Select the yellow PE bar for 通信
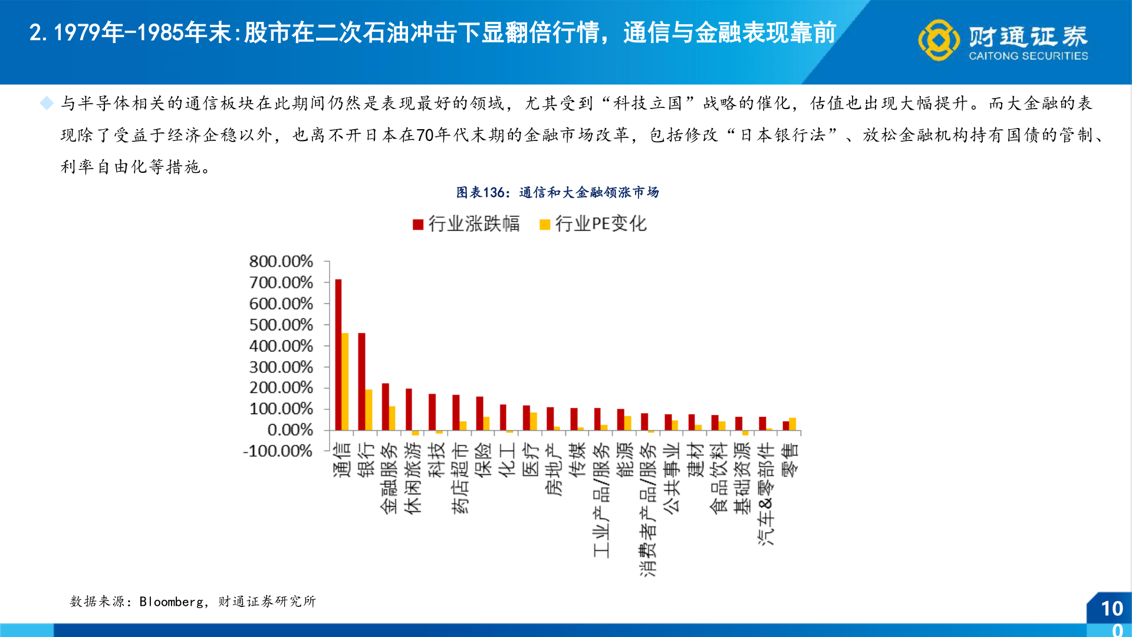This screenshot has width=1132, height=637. point(345,382)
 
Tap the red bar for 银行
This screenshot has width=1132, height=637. point(362,382)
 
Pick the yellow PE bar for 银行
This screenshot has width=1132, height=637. point(369,409)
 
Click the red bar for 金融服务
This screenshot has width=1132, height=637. point(386,406)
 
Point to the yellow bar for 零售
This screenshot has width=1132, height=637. point(793,424)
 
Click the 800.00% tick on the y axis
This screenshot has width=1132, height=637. point(281,261)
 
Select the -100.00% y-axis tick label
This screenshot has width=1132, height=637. point(278,451)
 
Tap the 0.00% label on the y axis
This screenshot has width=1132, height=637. point(289,430)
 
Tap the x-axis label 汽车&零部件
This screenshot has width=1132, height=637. point(766,494)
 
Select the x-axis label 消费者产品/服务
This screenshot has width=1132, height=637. point(648,510)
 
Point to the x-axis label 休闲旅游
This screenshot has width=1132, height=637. point(413,478)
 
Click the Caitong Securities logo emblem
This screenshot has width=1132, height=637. point(938,40)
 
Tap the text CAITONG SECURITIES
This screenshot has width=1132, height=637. point(1028,56)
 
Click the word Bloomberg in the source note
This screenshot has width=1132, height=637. point(171,602)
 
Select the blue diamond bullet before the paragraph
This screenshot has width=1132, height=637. point(47,103)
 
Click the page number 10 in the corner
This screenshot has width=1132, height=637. point(1112,609)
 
